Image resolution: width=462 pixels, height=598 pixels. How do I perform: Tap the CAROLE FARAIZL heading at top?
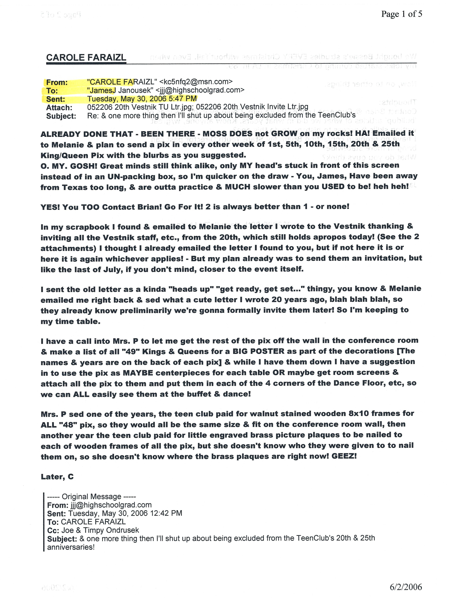[86, 57]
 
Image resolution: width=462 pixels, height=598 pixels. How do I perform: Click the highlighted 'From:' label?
[57, 82]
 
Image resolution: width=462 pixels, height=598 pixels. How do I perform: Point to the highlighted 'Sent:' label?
[56, 99]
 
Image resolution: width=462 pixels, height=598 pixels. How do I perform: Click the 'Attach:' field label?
[59, 108]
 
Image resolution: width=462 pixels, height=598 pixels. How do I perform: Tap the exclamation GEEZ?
[344, 456]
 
